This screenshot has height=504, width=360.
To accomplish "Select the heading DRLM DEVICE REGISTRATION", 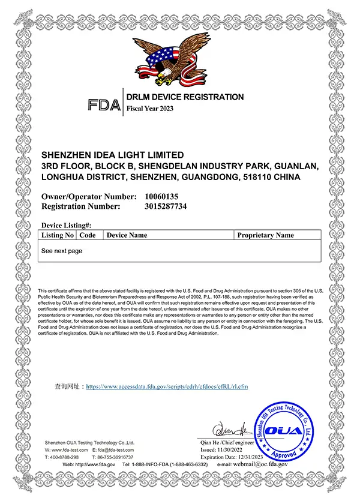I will [185, 97].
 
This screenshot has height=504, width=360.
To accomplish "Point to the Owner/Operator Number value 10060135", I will [161, 196].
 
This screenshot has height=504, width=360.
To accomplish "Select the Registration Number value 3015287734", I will [166, 206].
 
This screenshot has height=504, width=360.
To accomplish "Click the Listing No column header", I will [58, 235].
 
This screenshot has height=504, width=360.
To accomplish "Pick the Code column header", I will [88, 235].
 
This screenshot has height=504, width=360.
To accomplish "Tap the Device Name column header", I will [127, 235].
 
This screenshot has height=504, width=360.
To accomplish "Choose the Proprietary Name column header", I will [265, 235].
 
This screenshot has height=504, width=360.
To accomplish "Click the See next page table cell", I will [62, 251].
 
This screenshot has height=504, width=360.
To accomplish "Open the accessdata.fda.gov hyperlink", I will [167, 387].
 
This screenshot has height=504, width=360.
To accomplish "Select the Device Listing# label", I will [66, 224].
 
